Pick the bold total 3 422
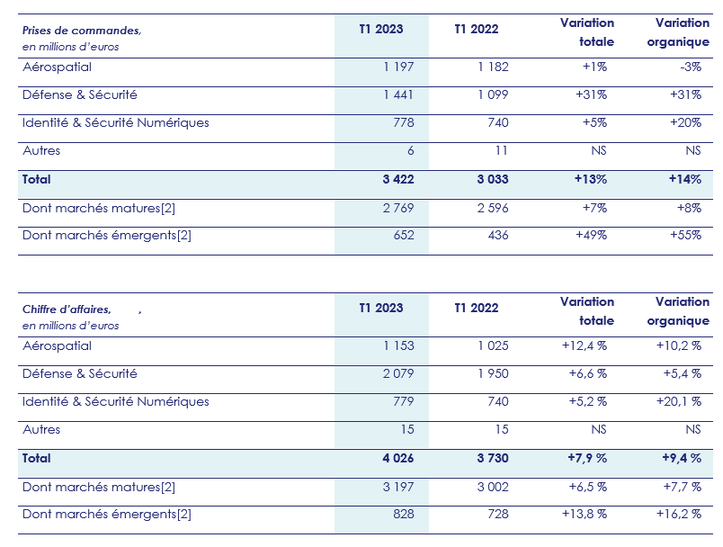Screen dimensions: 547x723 pyautogui.click(x=397, y=179)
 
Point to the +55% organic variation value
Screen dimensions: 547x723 pyautogui.click(x=686, y=235)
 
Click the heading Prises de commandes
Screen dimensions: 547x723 pyautogui.click(x=82, y=31)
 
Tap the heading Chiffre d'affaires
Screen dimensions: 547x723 pyautogui.click(x=67, y=309)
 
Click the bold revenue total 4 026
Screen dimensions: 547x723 pyautogui.click(x=397, y=458)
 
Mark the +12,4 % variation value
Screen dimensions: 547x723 pyautogui.click(x=585, y=345)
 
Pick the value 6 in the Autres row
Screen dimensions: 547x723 pyautogui.click(x=410, y=150)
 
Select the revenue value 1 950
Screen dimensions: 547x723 pyautogui.click(x=491, y=373)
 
